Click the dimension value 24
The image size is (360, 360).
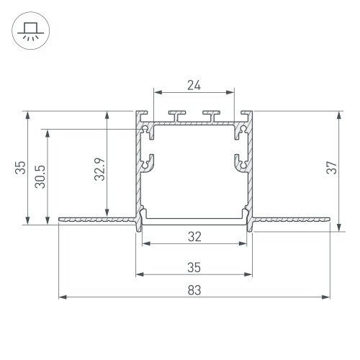point(194,85)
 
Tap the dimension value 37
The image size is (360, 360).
point(332,167)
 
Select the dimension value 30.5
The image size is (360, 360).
point(40,176)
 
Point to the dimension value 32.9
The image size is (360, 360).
point(99,169)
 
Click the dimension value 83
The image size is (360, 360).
point(194,290)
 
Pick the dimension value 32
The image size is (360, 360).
point(194,237)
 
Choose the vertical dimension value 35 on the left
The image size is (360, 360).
point(20,168)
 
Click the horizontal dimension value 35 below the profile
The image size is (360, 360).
point(194,267)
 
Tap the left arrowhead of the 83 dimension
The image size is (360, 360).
point(63,297)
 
